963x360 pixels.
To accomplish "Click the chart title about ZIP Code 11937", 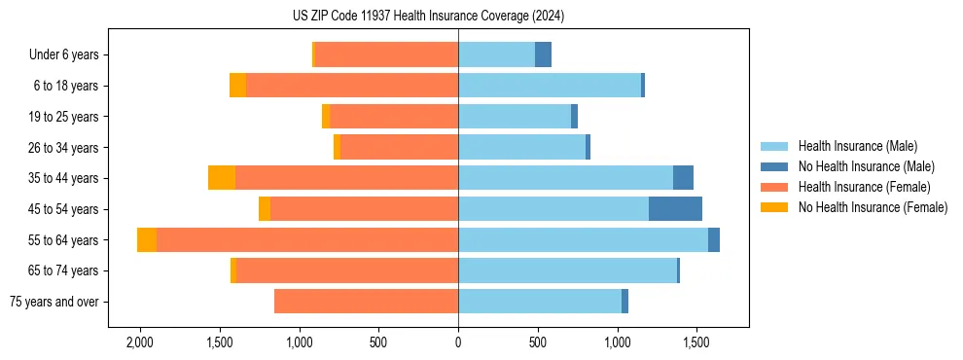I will click(x=428, y=16).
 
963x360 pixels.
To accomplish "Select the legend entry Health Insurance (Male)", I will click(x=856, y=146).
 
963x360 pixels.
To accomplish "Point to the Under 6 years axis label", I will click(x=69, y=55).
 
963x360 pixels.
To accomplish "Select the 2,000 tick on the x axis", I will click(x=140, y=343).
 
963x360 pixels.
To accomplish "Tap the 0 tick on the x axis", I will click(x=458, y=343).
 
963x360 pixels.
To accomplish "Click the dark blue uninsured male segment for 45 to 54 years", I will click(x=675, y=209).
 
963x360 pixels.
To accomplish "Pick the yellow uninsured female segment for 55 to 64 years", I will click(x=147, y=240).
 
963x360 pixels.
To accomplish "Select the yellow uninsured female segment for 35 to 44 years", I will click(x=222, y=178).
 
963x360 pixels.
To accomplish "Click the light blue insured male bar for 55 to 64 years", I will click(x=583, y=240).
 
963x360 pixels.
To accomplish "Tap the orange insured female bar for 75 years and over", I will click(x=366, y=302).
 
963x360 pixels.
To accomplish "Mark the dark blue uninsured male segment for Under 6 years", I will click(x=543, y=55).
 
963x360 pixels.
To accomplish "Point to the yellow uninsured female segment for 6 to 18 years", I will click(x=237, y=86).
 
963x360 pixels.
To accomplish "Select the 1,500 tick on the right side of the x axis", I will click(x=696, y=343).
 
